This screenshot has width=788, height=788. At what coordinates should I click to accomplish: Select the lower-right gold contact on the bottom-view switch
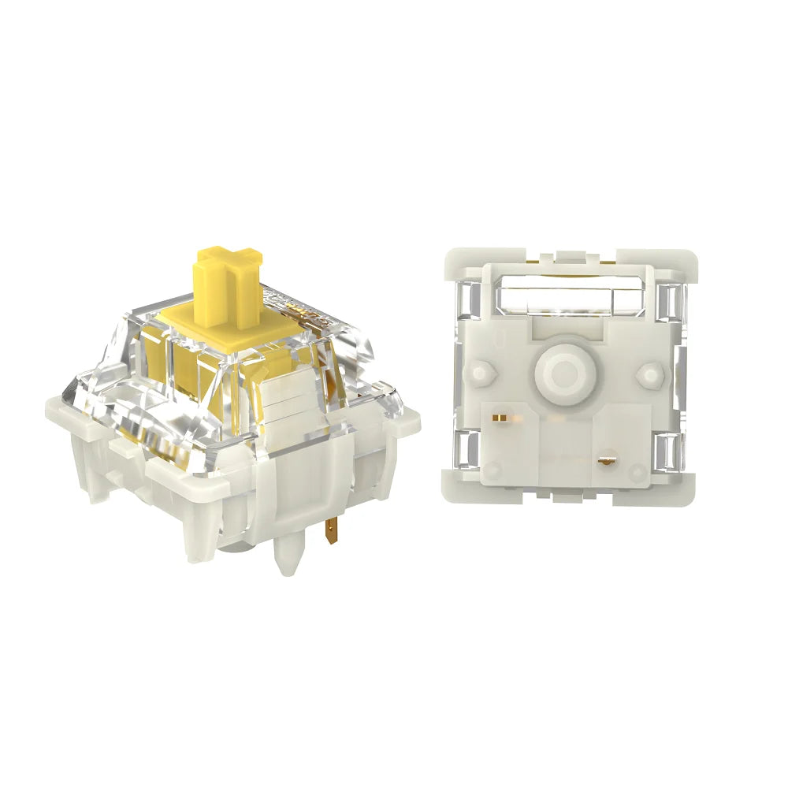(x=608, y=459)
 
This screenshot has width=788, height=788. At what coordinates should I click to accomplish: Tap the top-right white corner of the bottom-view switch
(x=679, y=263)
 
